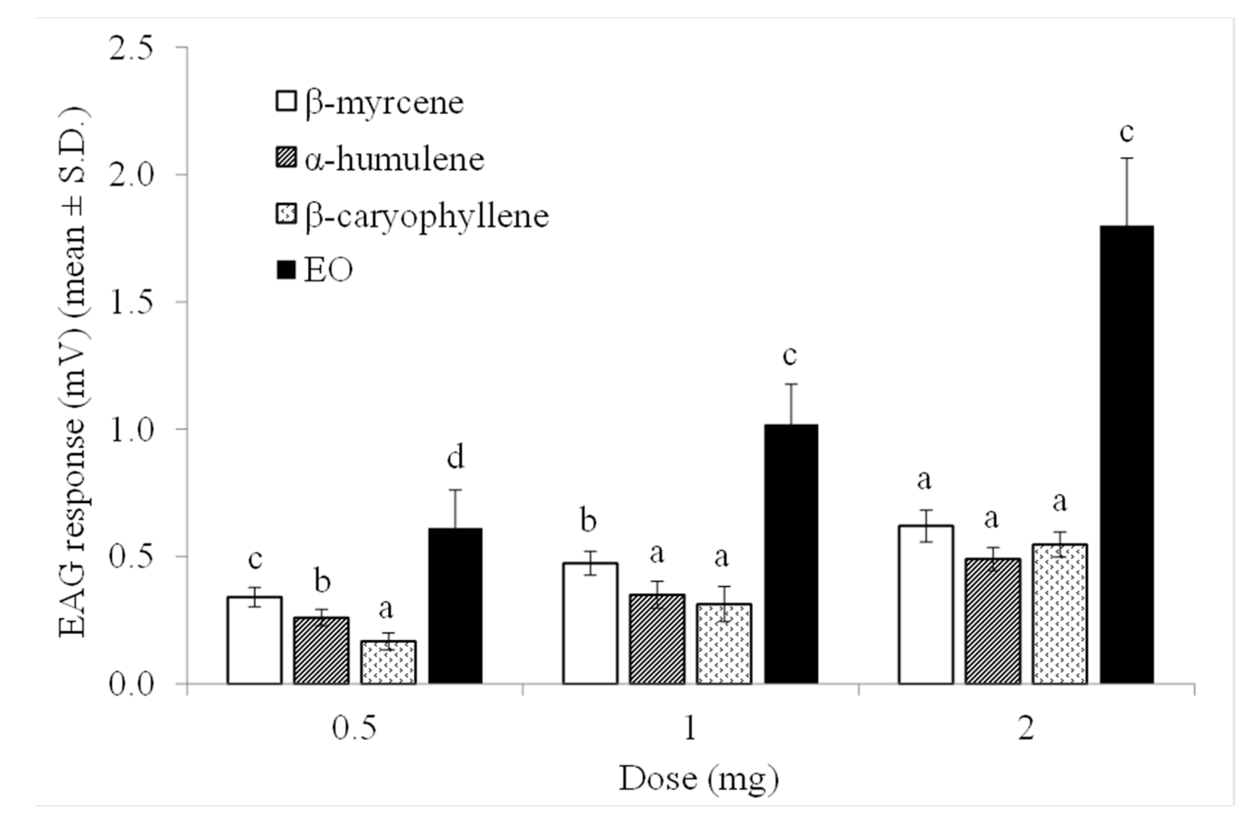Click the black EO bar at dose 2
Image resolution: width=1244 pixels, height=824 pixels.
pyautogui.click(x=1127, y=455)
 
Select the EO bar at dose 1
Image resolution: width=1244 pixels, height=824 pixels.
pyautogui.click(x=791, y=554)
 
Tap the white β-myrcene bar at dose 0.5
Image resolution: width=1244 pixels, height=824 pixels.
pyautogui.click(x=255, y=640)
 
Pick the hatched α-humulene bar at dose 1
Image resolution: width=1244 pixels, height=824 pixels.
pyautogui.click(x=657, y=639)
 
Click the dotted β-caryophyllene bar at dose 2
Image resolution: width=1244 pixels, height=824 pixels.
pyautogui.click(x=1059, y=614)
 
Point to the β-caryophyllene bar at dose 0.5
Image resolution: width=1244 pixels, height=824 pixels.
pyautogui.click(x=388, y=662)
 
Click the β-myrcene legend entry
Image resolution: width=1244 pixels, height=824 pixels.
pyautogui.click(x=370, y=103)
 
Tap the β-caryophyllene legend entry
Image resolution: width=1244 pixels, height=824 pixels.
pyautogui.click(x=412, y=216)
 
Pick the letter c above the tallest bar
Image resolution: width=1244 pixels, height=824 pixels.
pyautogui.click(x=1126, y=132)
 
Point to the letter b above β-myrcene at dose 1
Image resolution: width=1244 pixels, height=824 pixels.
pyautogui.click(x=589, y=521)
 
